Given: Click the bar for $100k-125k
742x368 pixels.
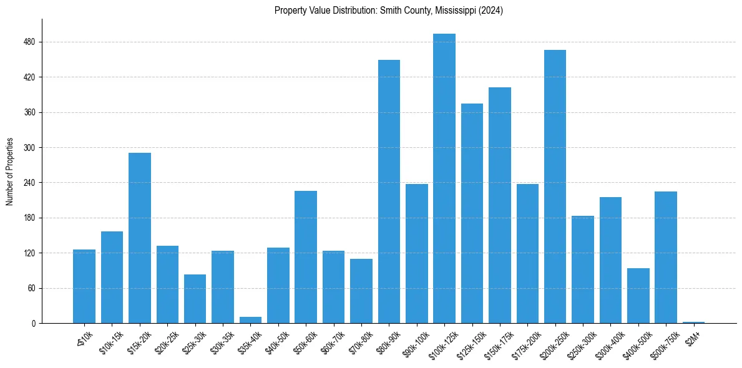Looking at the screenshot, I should click(444, 178).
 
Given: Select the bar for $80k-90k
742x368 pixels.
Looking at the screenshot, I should click(389, 191).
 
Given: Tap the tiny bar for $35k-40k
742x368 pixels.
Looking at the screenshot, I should click(250, 320).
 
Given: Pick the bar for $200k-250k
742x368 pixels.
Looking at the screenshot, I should click(555, 186).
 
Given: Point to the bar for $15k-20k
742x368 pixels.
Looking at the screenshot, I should click(140, 238).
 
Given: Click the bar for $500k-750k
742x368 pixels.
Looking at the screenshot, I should click(666, 257).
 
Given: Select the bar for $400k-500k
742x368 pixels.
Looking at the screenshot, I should click(638, 296).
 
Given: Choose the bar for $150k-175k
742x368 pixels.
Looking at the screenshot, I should click(500, 205).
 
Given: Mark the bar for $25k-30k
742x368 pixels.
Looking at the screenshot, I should click(195, 299).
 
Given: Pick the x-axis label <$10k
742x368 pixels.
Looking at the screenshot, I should click(85, 338).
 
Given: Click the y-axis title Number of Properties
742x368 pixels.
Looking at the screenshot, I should click(10, 172).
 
